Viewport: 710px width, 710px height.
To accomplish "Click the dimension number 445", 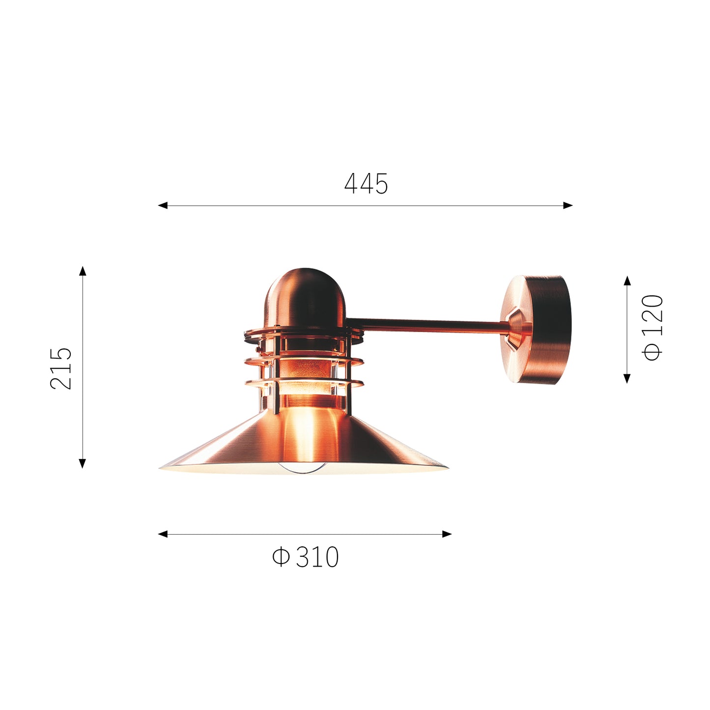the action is (x=366, y=183).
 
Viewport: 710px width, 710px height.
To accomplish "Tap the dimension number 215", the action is (x=61, y=368).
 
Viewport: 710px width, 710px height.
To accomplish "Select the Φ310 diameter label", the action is (x=305, y=557).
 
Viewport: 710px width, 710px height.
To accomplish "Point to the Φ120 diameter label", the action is (x=652, y=328).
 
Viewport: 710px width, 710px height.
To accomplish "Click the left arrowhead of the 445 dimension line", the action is (x=163, y=205).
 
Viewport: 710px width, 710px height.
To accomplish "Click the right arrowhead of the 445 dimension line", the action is (x=568, y=205).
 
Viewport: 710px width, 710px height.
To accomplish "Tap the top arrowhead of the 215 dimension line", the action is (x=83, y=271).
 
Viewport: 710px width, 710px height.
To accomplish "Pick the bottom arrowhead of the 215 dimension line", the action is (x=83, y=463).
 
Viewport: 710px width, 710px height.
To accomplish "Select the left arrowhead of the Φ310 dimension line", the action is (x=163, y=534).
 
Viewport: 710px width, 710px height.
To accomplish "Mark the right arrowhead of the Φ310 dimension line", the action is (x=447, y=534).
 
